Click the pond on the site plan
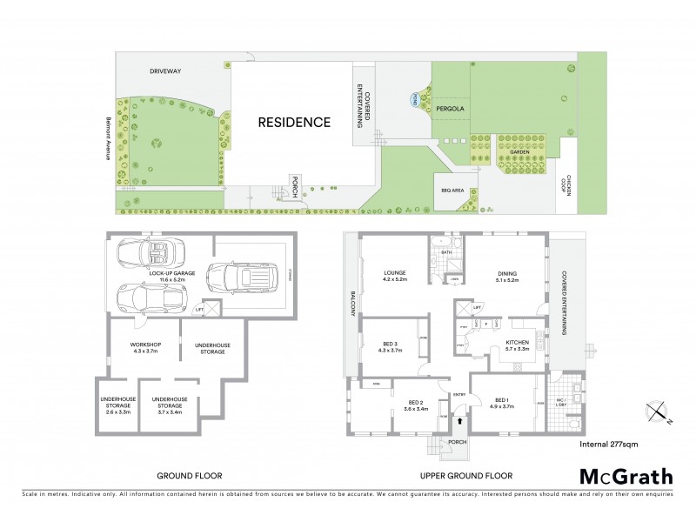pos(417,99)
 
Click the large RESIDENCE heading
pos(294,123)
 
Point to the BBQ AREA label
pos(453,189)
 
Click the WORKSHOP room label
pos(145,346)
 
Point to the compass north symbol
pos(656,411)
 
